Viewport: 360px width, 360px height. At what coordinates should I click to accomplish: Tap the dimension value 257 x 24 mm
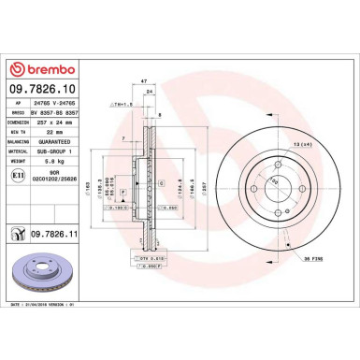pos(58,122)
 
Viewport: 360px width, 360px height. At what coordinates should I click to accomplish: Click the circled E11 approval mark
pos(21,176)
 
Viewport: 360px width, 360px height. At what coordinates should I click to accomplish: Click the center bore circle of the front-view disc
pos(275,191)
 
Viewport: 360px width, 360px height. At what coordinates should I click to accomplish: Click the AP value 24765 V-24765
pos(58,101)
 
